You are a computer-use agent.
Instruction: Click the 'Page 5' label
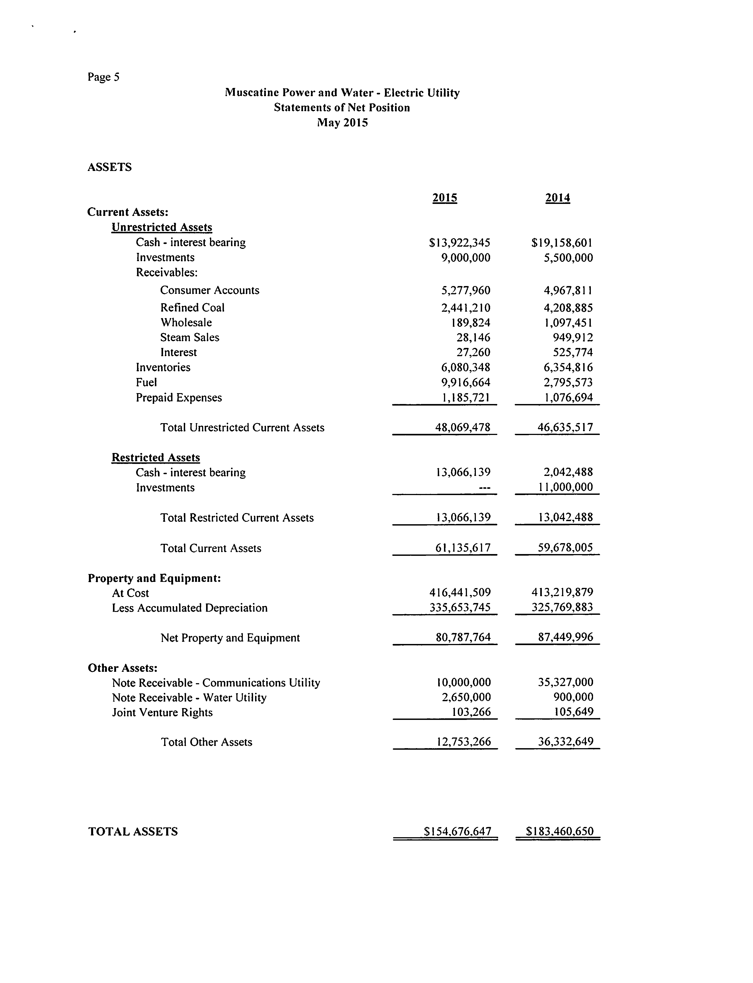click(104, 77)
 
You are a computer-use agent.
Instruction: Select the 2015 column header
click(445, 198)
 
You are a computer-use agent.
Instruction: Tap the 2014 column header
click(558, 198)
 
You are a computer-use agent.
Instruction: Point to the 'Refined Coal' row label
click(192, 308)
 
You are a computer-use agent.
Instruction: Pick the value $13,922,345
click(459, 243)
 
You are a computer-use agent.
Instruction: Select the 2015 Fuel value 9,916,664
click(466, 382)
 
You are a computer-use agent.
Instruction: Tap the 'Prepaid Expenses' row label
click(179, 398)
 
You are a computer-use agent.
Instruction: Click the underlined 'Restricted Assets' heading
click(156, 458)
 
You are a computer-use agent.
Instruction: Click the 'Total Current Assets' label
click(211, 548)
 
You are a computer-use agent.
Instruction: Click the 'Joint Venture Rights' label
click(162, 713)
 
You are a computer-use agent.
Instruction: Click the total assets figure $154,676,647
click(458, 832)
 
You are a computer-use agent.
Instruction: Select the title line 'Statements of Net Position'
click(342, 108)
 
